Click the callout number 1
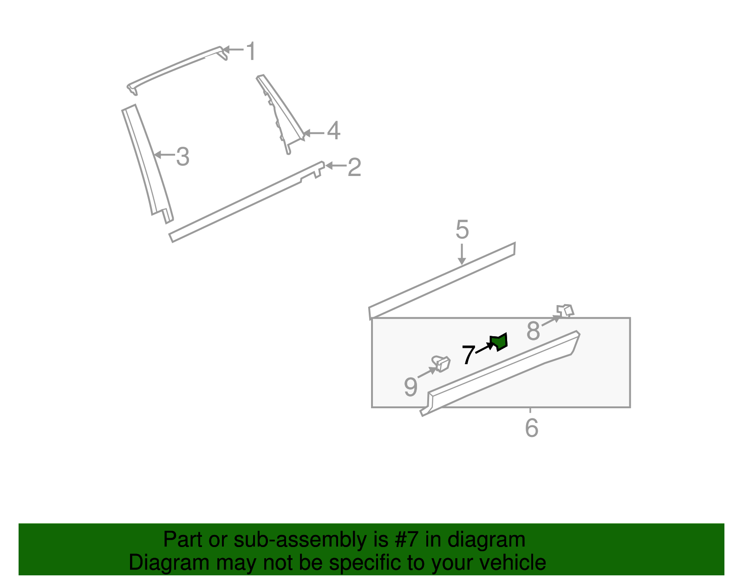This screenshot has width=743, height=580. pos(251,51)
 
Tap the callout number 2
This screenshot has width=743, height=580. pos(354,167)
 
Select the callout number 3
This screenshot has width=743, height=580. pos(183,157)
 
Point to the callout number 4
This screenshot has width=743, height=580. pos(333,131)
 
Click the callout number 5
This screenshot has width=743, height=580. pos(462,230)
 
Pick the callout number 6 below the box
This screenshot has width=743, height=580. pos(532,428)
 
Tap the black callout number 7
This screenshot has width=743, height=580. pos(468,355)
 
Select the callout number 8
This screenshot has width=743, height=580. pos(533,331)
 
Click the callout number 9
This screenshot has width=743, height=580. pos(411,387)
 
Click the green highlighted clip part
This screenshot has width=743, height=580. pos(500,342)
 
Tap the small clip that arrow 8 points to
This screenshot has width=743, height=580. pos(566,310)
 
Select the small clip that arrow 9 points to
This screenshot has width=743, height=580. pos(441,363)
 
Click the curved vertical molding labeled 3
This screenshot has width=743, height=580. pos(148,163)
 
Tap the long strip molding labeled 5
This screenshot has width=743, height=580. pos(441,281)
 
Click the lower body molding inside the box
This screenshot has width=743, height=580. pos(502,371)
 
